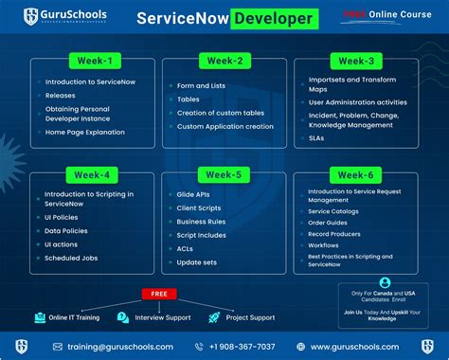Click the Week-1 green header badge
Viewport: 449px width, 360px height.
tap(92, 62)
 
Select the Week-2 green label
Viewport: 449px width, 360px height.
tap(224, 62)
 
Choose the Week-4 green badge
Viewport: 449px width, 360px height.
tap(92, 175)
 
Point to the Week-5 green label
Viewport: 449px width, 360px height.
tap(224, 175)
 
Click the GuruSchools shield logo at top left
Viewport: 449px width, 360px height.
tap(32, 17)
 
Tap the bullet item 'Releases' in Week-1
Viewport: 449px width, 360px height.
tap(61, 96)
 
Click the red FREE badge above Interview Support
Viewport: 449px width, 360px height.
tap(159, 293)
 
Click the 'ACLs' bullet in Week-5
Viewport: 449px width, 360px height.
tap(187, 247)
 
